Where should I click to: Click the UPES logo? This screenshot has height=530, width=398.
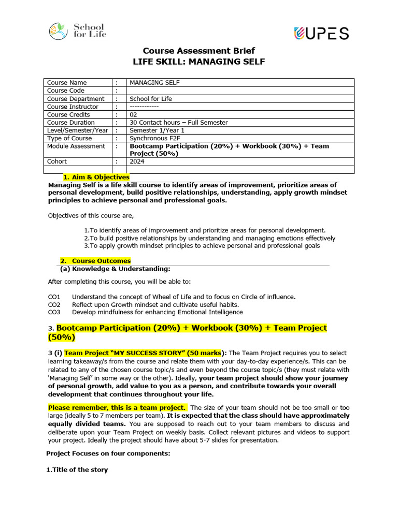tap(321, 33)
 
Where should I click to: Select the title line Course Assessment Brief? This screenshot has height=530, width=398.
tap(198, 51)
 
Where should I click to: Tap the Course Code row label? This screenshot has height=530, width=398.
tap(66, 91)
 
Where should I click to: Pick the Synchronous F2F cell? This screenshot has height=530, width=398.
tap(154, 138)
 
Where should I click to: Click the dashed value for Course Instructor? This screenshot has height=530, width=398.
tap(144, 107)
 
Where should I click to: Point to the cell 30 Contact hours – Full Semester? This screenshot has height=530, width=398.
tap(178, 123)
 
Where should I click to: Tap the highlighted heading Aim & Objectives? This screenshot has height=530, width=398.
tap(96, 178)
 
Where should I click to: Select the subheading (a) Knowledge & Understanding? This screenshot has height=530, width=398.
tap(115, 269)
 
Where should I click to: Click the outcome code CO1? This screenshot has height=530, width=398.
tap(54, 297)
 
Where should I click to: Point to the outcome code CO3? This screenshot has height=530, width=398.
tap(54, 312)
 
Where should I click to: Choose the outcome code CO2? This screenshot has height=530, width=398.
tap(54, 304)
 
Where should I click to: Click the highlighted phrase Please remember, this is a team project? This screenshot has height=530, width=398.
tap(117, 407)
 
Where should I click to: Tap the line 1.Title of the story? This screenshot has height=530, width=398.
tap(77, 470)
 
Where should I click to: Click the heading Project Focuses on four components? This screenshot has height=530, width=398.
tap(108, 453)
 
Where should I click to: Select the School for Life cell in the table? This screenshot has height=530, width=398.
tap(151, 99)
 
